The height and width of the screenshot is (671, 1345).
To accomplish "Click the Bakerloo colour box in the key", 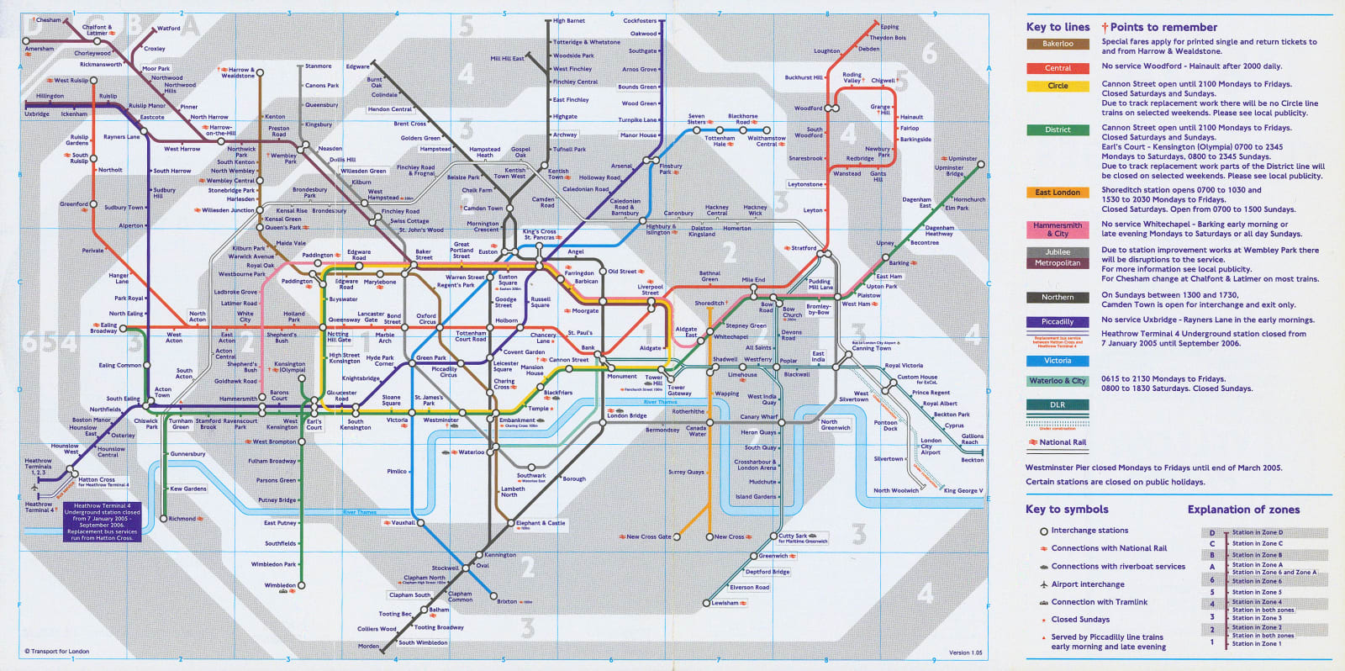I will click(1058, 44).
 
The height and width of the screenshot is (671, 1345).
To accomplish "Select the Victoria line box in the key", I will click(1058, 361).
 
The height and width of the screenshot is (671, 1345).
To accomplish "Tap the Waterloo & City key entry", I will click(1058, 381).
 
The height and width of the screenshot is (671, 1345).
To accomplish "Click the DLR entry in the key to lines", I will click(1058, 404).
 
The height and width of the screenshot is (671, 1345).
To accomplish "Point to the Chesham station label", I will click(48, 20).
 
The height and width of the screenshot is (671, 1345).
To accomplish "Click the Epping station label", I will click(889, 27).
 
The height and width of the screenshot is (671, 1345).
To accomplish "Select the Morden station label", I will click(368, 646).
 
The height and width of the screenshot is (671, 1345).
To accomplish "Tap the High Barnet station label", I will click(569, 21).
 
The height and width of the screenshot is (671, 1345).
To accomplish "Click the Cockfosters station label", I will click(640, 21).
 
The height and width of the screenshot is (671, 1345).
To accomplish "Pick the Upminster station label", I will click(963, 158).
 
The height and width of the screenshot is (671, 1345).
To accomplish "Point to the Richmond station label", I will click(182, 519).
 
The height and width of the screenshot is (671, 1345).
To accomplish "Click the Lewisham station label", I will click(725, 603).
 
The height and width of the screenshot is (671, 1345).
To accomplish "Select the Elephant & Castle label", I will click(541, 523).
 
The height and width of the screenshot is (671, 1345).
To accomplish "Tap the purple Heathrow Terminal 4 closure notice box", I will click(102, 521).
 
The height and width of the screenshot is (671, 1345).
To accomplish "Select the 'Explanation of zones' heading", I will click(1243, 510).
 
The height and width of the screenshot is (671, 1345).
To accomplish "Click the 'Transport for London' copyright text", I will click(56, 652).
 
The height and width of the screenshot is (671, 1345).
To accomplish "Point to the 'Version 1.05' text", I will click(965, 653).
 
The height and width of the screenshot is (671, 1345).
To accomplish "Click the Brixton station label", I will click(507, 601).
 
